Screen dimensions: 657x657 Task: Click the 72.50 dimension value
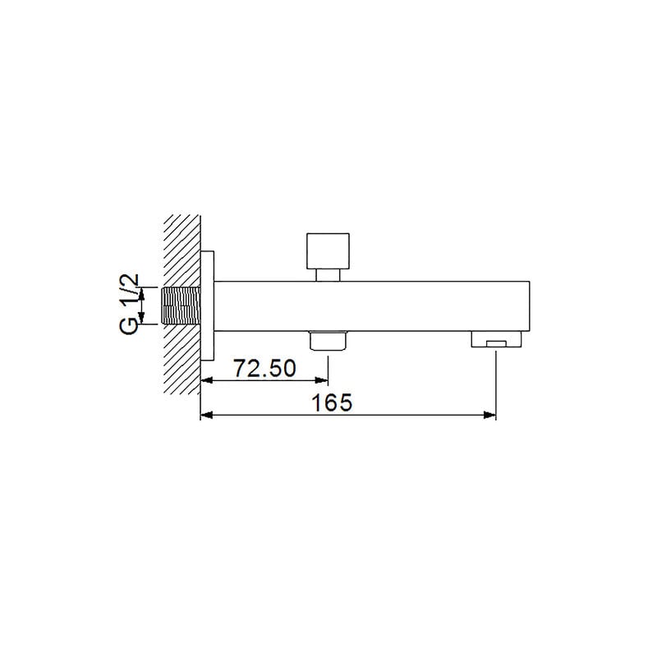coord(264,368)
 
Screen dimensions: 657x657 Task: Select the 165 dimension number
coord(332,402)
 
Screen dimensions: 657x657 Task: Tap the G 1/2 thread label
coord(129,304)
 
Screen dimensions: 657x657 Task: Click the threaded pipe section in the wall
coord(181,306)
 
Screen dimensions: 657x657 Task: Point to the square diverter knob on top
coord(328,251)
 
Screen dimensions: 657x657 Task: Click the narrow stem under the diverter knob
coord(328,275)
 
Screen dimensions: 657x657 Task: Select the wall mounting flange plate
coord(208,306)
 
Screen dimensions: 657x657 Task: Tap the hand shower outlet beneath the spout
coord(328,340)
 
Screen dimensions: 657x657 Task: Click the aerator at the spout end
coord(496,339)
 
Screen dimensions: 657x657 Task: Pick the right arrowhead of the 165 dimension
coord(489,416)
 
